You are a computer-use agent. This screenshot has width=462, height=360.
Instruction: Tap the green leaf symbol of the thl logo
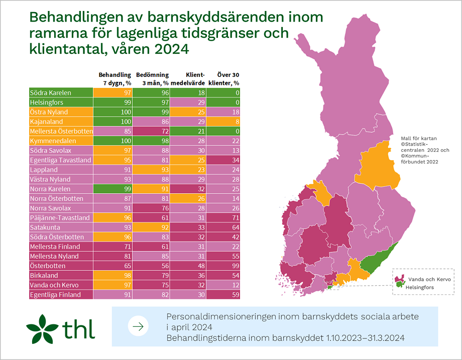point(42,328)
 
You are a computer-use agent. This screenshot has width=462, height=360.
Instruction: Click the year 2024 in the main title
point(171,50)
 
